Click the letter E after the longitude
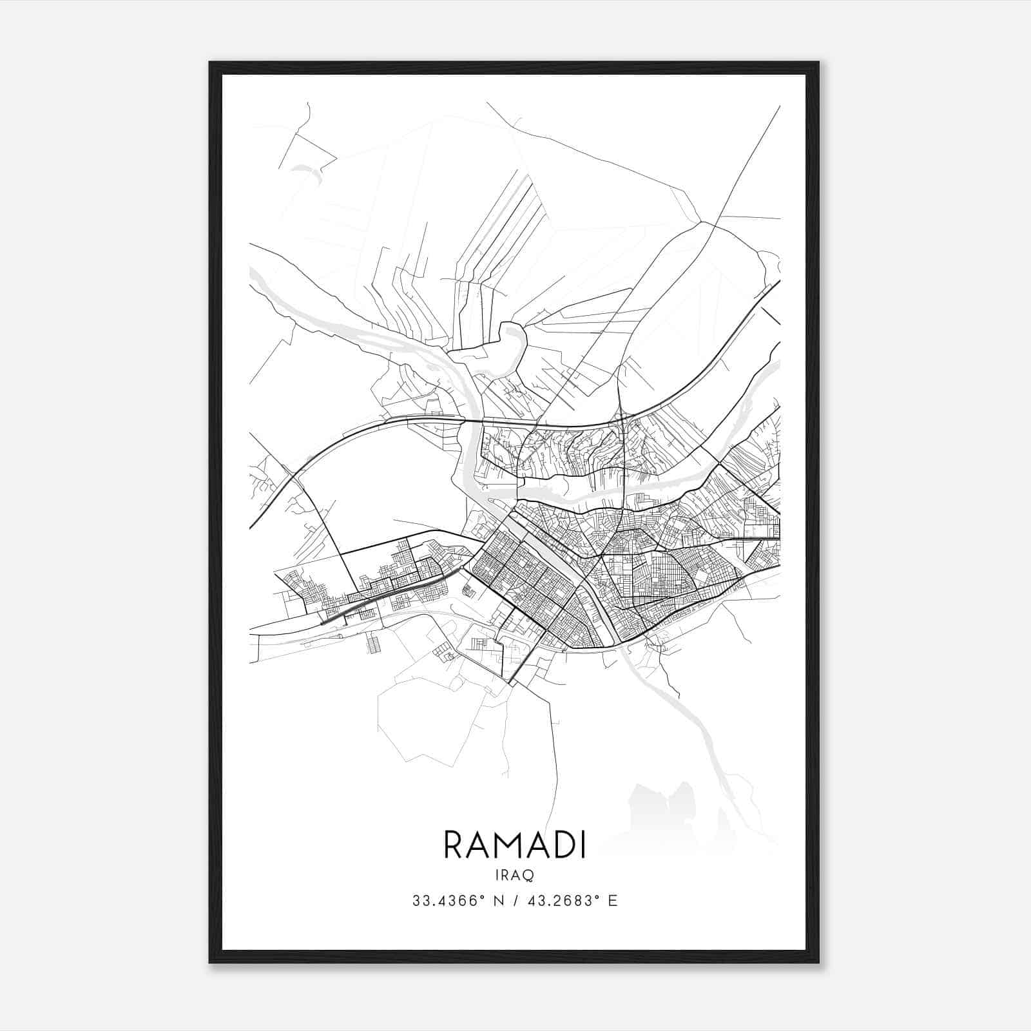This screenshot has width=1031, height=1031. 613,901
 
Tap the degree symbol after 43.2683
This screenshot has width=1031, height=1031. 598,896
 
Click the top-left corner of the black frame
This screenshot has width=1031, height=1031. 211,63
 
